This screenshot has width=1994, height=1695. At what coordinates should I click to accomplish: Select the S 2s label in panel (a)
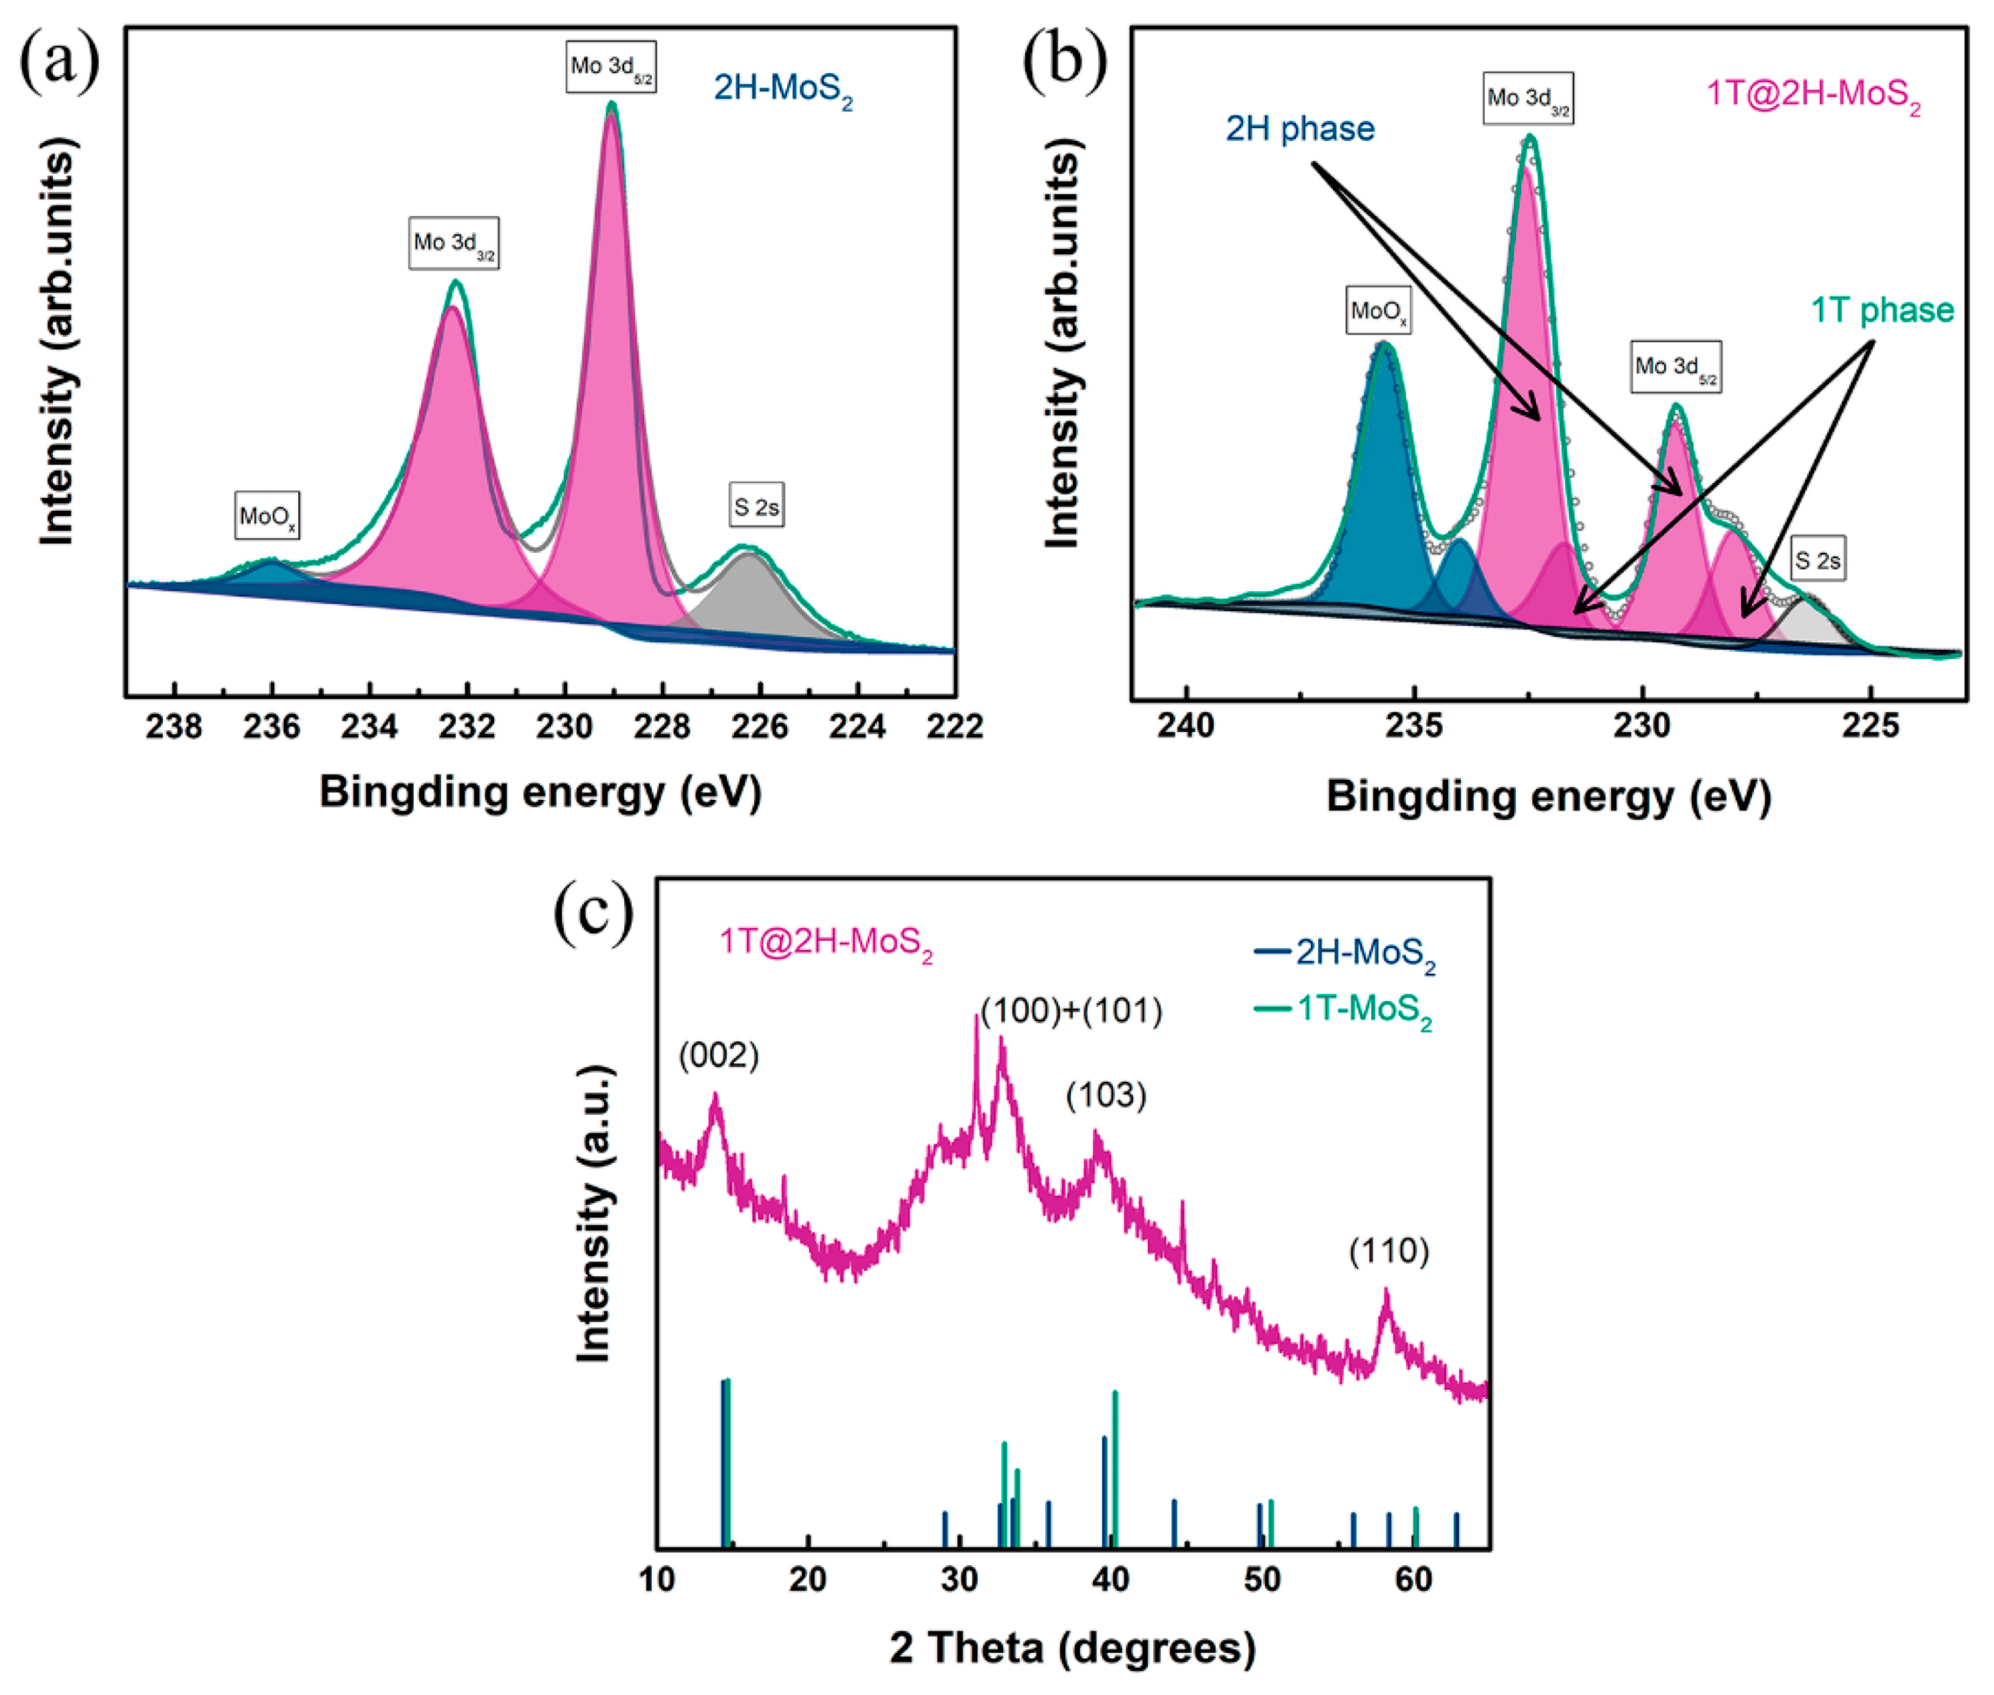756,506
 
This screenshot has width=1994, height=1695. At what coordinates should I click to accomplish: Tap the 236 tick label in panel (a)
273,726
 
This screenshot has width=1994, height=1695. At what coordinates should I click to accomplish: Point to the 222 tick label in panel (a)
955,726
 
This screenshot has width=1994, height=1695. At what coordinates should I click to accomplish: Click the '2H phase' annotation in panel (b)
1300,129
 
